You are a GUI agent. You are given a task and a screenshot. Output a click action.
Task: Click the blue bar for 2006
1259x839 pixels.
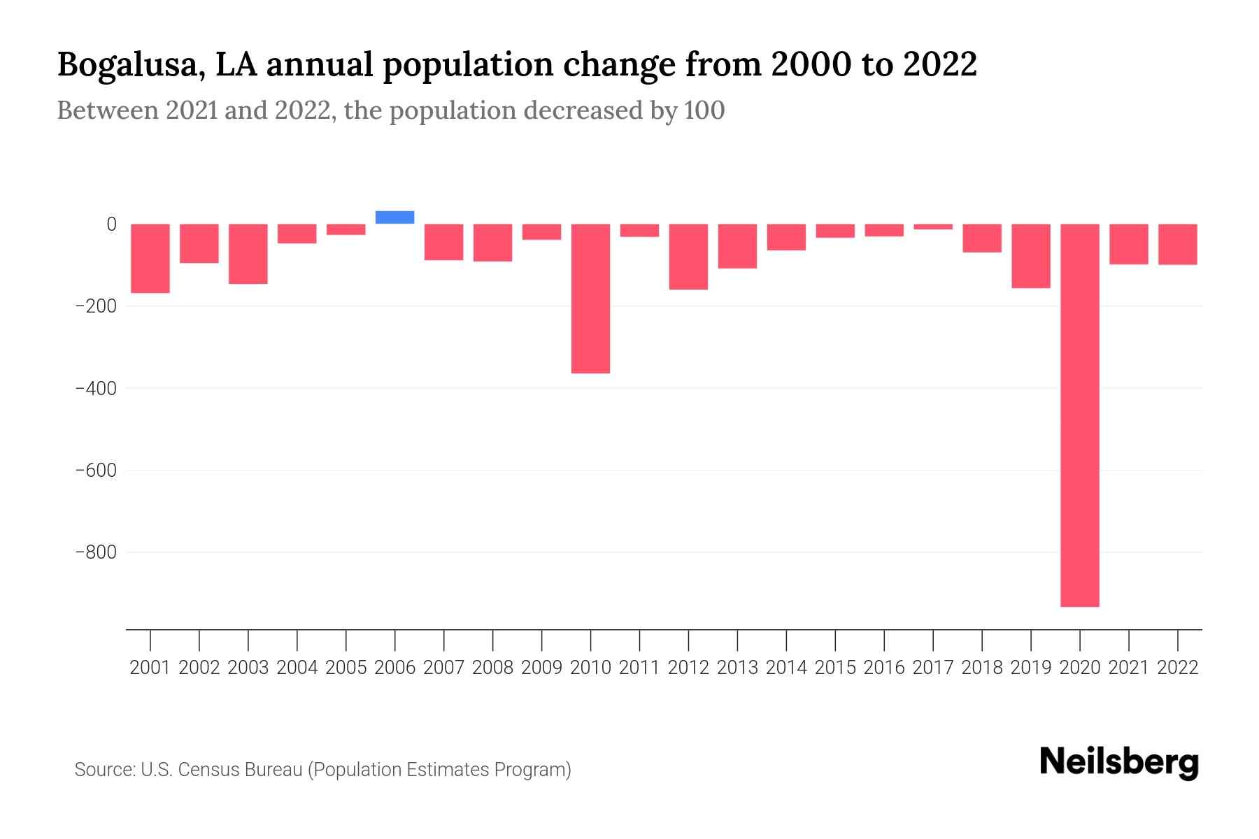394,217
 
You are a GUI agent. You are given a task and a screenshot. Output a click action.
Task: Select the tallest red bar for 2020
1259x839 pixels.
1079,415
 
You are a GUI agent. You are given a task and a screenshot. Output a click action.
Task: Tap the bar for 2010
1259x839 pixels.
590,299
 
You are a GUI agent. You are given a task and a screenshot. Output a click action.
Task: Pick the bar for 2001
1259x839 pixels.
150,258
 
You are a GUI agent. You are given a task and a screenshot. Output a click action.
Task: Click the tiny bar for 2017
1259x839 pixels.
933,227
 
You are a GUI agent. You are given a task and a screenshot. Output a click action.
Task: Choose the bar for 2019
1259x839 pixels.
1030,256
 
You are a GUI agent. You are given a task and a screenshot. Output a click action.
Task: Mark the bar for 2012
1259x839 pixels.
688,257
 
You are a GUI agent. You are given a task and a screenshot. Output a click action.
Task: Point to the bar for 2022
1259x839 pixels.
1177,244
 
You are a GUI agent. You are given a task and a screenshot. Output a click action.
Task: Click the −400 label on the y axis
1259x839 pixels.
95,388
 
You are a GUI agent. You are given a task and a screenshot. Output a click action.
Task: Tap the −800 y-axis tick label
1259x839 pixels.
95,553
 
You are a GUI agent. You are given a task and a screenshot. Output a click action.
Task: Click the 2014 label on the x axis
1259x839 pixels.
786,668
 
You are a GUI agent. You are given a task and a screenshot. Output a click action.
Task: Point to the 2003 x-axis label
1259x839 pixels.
248,668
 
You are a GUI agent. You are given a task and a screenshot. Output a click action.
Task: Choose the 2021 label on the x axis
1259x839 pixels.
1128,668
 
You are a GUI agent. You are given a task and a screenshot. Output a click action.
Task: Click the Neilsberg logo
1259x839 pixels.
1119,763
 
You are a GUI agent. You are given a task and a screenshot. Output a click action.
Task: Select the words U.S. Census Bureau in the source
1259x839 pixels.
222,770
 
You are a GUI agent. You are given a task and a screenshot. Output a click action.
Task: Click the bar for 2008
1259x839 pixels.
492,243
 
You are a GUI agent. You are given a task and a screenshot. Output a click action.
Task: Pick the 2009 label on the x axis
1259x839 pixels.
541,668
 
